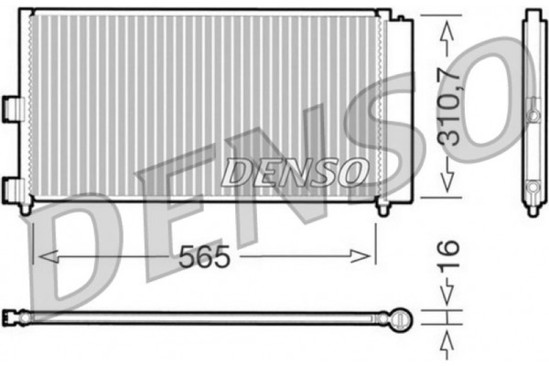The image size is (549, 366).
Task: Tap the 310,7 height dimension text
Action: pos(447,106)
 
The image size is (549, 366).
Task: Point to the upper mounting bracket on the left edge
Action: pos(14,107)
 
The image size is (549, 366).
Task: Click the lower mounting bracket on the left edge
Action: pos(14,189)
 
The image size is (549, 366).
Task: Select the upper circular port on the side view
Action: pos(533,114)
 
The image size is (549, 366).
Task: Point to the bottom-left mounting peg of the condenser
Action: pos(26,209)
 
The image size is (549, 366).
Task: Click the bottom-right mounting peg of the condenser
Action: pos(382,210)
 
